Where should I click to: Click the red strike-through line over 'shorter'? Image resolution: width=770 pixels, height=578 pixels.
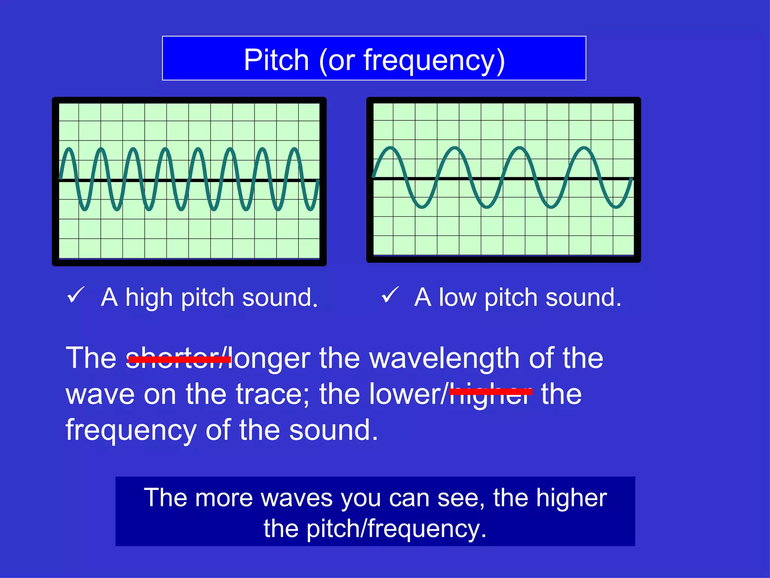179,359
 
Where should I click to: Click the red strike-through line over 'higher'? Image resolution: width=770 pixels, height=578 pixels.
491,392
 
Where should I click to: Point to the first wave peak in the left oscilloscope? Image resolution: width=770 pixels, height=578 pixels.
69,149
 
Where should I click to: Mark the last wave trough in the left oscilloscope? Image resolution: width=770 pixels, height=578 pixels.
311,209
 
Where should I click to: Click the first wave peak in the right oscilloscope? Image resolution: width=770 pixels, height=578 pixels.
391,148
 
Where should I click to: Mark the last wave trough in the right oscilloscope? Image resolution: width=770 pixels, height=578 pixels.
616,207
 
